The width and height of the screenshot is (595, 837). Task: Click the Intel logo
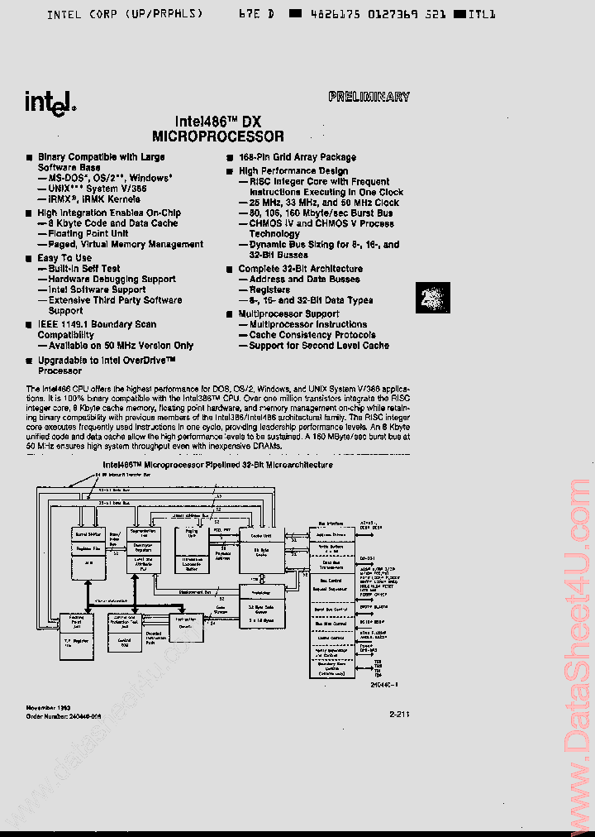(50, 102)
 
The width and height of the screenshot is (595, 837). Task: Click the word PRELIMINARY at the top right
(369, 97)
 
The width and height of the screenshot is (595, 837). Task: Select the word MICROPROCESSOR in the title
(218, 136)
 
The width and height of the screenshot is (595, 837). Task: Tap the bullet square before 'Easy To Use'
(29, 258)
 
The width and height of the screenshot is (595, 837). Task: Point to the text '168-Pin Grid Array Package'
(297, 157)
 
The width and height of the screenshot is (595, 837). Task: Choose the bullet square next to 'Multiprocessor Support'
(231, 314)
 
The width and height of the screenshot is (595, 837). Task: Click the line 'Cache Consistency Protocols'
(312, 335)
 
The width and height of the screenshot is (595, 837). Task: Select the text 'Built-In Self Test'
(84, 269)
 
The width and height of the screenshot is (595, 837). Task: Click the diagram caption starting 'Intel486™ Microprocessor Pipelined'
(217, 465)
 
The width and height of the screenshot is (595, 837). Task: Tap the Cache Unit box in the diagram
(261, 535)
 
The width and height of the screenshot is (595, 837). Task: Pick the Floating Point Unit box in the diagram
(76, 619)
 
